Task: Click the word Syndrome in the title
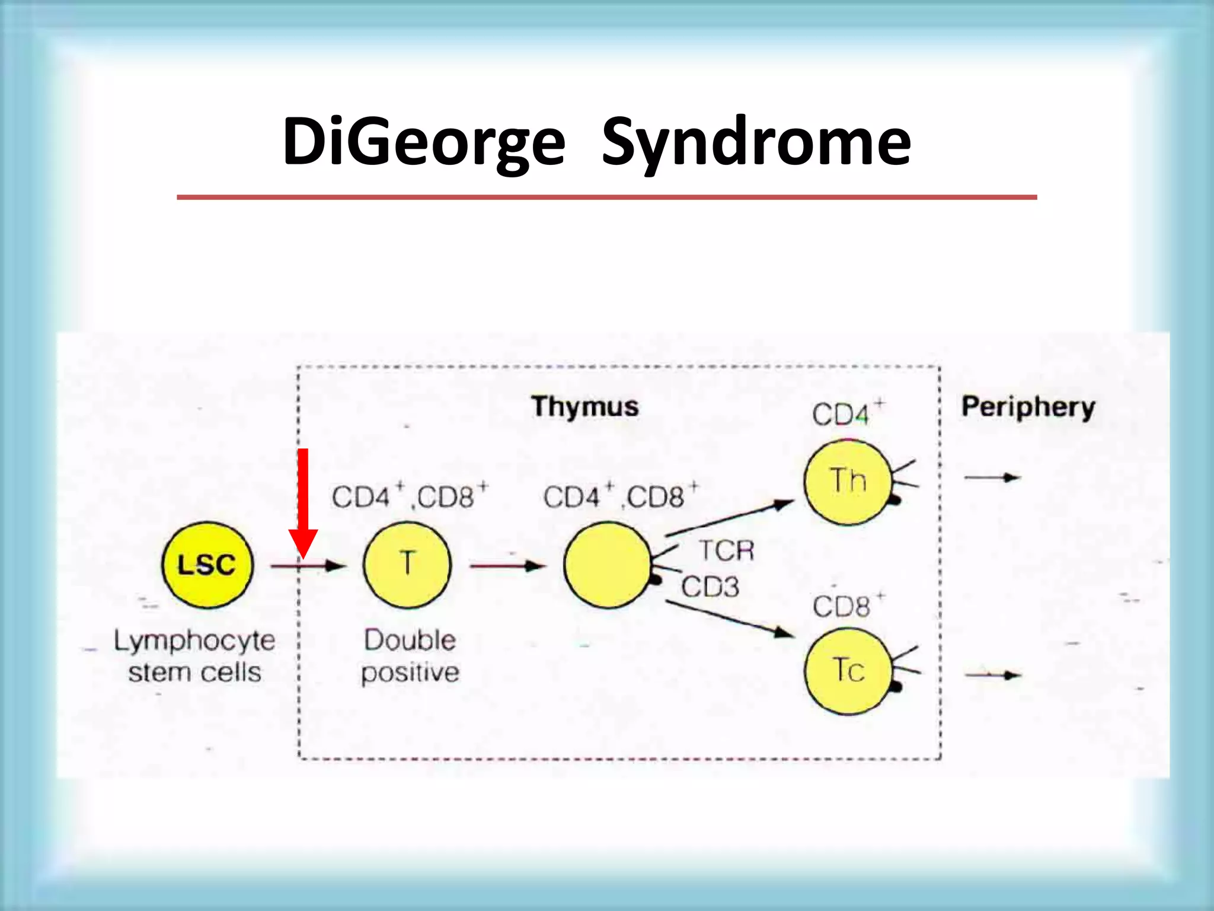756,142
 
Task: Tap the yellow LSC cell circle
207,565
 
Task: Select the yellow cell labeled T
407,565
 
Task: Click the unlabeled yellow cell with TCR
608,565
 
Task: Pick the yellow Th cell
848,482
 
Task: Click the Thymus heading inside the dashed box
585,407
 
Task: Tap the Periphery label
1028,407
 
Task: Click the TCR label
726,550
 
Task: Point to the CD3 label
710,587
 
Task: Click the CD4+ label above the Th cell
846,413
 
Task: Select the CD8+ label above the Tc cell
846,606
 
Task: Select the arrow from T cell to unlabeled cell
507,566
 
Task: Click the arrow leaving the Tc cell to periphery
992,675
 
